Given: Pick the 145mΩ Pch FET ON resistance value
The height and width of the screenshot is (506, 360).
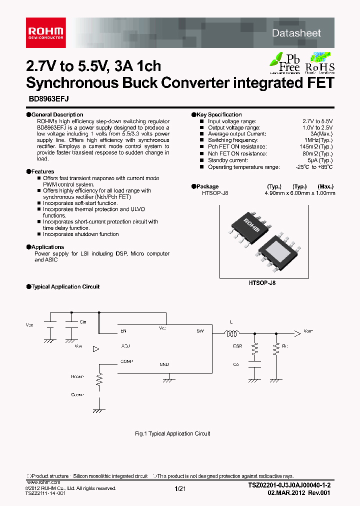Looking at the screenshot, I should coord(316,147).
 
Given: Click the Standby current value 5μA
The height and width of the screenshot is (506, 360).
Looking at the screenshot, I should coord(320,160).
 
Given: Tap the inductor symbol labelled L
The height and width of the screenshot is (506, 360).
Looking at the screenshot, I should coord(231,333).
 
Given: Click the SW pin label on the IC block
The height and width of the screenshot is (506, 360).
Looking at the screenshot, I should coord(200,331).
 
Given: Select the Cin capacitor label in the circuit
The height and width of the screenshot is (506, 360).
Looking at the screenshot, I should coord(83,322).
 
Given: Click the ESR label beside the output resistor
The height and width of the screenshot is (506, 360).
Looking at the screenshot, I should coord(237,346).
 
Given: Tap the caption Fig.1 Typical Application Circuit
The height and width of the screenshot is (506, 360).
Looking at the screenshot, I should coord(172,433).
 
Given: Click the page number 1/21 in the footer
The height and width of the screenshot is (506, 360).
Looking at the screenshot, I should coord(180,488).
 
